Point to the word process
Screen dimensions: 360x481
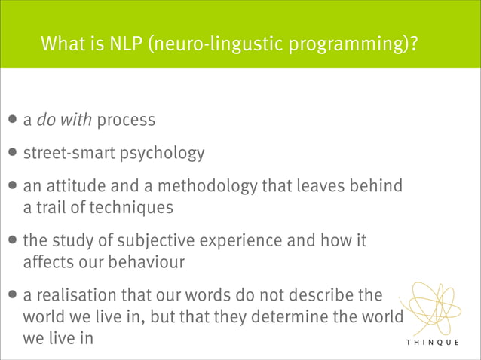click(126, 120)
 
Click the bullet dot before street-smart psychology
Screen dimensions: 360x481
click(14, 154)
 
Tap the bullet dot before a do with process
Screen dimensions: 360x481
click(14, 120)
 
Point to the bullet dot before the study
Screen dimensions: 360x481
click(14, 242)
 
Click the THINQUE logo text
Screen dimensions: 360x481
click(437, 343)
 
